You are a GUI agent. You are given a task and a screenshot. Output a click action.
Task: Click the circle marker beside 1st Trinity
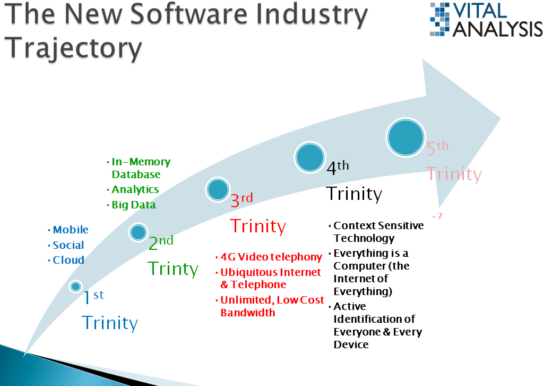point(75,287)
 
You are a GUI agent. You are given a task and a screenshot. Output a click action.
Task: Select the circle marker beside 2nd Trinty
point(139,232)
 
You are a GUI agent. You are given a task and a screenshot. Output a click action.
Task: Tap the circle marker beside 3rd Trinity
point(218,190)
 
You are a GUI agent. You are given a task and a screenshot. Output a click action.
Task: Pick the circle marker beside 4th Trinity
point(310,158)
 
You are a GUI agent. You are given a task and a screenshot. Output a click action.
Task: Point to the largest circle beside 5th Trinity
point(406,137)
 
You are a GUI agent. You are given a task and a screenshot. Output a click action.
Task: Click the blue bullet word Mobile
point(71,230)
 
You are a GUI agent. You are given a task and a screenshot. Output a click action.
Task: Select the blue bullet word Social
point(68,245)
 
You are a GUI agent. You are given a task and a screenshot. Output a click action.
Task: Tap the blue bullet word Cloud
point(68,260)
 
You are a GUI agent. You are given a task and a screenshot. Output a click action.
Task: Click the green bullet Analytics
point(135,190)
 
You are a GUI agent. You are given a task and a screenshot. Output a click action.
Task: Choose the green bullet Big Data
point(134,205)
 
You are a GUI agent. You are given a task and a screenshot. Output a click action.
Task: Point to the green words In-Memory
point(141,162)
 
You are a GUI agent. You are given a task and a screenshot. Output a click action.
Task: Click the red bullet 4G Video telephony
point(272,257)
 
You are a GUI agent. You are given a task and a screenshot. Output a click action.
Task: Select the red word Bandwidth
point(248,313)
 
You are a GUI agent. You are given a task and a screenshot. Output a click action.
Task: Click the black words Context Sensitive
point(378,226)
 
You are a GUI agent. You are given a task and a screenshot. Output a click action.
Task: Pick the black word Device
point(351,345)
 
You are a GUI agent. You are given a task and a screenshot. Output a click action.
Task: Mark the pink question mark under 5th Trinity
point(440,216)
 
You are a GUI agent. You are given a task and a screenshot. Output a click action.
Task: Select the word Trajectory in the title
point(73,48)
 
